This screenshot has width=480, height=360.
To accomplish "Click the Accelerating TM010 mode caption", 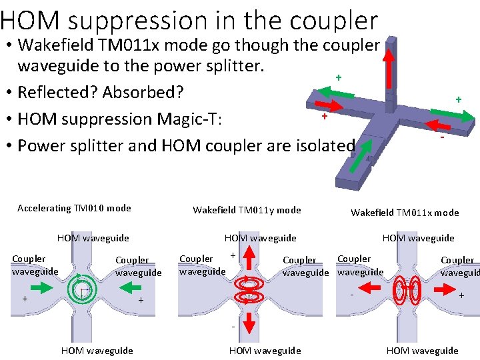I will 74,208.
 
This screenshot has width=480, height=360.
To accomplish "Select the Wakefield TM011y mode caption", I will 247,210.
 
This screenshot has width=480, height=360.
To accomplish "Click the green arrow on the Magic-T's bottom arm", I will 359,152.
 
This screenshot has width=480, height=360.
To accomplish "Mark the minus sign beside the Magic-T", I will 442,137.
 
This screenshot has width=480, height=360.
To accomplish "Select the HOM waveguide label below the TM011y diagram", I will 265,351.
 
